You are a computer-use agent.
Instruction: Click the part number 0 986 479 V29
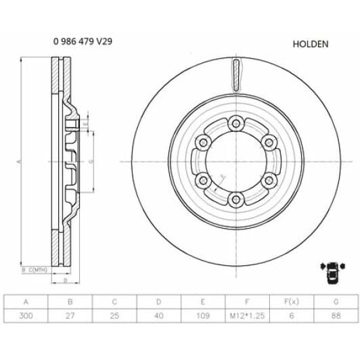pos(83,41)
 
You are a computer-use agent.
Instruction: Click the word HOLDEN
pos(310,44)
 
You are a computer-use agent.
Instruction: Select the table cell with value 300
pos(26,315)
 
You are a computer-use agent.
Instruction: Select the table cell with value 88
pos(336,315)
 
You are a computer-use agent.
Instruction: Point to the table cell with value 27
pos(71,315)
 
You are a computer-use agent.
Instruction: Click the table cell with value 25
pos(115,315)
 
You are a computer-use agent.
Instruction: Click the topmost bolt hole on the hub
pos(235,123)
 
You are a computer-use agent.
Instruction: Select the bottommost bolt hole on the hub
pos(235,199)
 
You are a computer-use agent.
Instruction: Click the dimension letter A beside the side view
pos(19,162)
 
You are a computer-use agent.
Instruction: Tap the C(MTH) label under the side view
pos(40,270)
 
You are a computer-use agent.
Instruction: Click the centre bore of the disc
pos(235,161)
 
